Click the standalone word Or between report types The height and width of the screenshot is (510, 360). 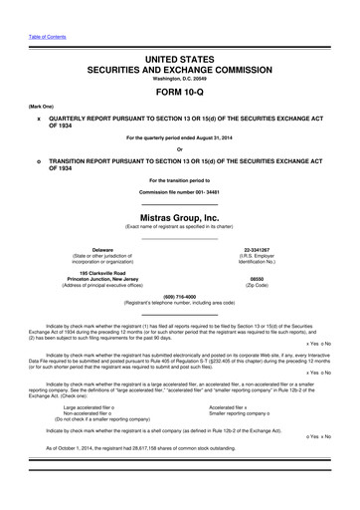coord(179,150)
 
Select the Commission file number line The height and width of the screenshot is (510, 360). coord(179,191)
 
